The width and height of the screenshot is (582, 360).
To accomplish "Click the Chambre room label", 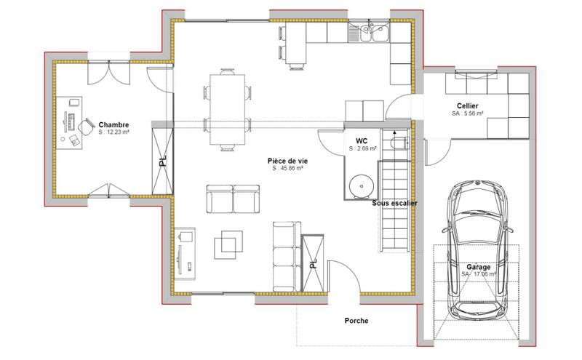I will point(114,124).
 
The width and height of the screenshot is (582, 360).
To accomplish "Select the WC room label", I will point(361,140).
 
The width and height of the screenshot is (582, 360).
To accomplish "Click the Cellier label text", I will point(466,106).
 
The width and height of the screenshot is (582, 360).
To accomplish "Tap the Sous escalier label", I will point(394,204).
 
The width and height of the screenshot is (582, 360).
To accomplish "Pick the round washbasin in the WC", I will point(359,186).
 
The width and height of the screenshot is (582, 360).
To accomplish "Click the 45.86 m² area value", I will point(287,168).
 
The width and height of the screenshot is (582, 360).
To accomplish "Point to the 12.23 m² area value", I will point(114,133).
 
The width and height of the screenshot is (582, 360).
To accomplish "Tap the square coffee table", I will point(228,243).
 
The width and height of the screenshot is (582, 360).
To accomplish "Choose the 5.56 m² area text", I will point(467,114).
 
